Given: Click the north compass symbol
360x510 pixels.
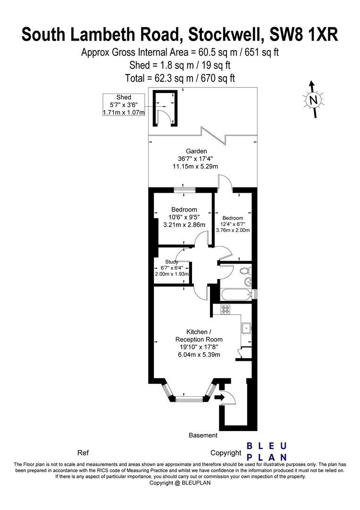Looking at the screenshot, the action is pyautogui.click(x=313, y=99).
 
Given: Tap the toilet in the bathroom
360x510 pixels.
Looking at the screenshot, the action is pyautogui.click(x=246, y=270).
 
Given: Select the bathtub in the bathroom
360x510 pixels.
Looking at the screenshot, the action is pyautogui.click(x=236, y=295).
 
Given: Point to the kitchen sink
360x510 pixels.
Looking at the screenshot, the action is pyautogui.click(x=247, y=328).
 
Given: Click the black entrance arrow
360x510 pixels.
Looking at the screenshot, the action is pyautogui.click(x=220, y=397).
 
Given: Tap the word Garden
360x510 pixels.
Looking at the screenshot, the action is pyautogui.click(x=196, y=151).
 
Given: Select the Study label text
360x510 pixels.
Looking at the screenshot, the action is pyautogui.click(x=172, y=262).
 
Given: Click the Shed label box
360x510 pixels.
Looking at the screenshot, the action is pyautogui.click(x=124, y=105).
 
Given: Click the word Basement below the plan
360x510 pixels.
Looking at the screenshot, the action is pyautogui.click(x=203, y=435).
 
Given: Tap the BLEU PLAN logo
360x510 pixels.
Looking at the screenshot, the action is pyautogui.click(x=267, y=451).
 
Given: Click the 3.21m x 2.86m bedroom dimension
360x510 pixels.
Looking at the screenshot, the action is pyautogui.click(x=184, y=225).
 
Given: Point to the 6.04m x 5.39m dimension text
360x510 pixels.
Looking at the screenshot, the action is pyautogui.click(x=199, y=355).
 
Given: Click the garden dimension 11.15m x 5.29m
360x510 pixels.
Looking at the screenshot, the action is pyautogui.click(x=195, y=166).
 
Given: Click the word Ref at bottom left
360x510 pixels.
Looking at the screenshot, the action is pyautogui.click(x=83, y=453).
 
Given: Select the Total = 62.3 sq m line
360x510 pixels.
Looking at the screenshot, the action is pyautogui.click(x=180, y=78).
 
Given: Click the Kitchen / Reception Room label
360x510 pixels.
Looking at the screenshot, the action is pyautogui.click(x=199, y=336).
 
